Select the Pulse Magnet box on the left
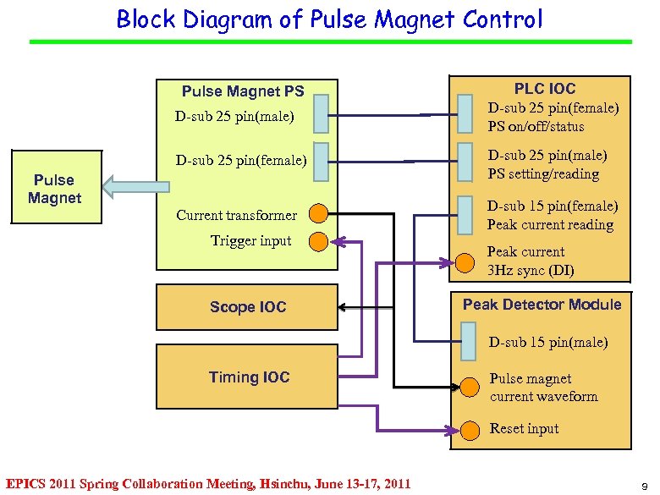pos(56,188)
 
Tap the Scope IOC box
pos(247,307)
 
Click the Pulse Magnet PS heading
pos(243,91)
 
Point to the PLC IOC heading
pos(544,88)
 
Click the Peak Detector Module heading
pos(542,305)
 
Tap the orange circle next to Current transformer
pos(318,214)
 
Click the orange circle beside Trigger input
pos(318,241)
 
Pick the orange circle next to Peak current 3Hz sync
pos(465,263)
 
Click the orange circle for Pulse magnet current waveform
pos(467,388)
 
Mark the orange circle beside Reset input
pos(467,428)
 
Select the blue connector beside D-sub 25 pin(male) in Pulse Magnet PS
pos(320,113)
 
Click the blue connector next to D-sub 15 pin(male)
pos(467,342)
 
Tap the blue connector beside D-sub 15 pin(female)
pos(465,215)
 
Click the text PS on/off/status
pos(536,127)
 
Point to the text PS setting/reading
pos(542,174)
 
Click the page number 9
pos(645,485)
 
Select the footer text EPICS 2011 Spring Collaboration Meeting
pos(208,484)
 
